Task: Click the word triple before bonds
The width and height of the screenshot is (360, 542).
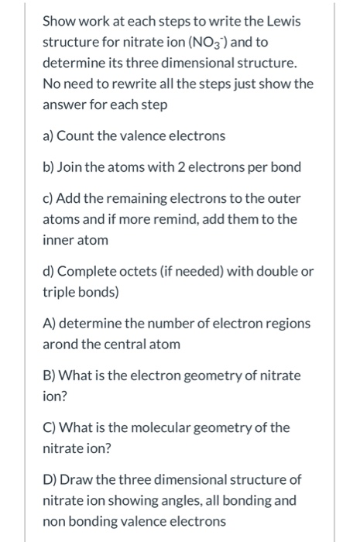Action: click(x=59, y=292)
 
